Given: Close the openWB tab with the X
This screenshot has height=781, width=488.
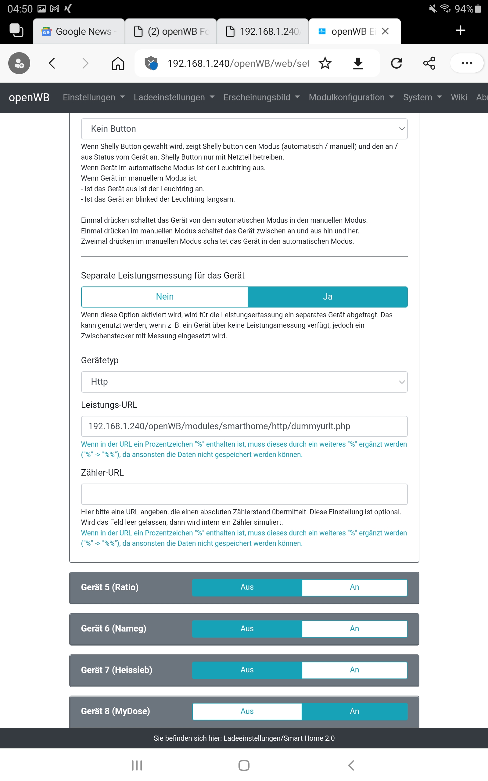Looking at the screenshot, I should click(385, 31).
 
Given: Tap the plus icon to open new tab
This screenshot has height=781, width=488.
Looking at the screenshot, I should click(460, 30).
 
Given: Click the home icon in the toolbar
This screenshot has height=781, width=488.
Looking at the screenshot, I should click(118, 63).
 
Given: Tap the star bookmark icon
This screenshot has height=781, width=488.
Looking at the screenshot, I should click(325, 63).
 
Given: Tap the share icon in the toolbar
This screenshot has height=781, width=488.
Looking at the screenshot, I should click(429, 63).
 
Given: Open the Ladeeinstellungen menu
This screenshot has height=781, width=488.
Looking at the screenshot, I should click(174, 97).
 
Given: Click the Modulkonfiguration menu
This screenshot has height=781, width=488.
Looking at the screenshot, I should click(351, 97).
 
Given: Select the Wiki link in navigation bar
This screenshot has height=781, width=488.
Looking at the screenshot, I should click(459, 97).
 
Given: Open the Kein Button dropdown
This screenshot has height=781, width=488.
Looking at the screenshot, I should click(244, 129).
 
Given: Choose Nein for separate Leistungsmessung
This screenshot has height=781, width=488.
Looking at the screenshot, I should click(165, 297).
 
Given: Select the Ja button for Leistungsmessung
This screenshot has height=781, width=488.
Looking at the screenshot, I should click(328, 297).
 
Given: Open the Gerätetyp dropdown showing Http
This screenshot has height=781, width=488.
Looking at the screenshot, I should click(244, 382).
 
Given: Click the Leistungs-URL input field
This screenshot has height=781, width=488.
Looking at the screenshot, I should click(244, 426).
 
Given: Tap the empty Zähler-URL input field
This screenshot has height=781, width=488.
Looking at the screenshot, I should click(244, 494).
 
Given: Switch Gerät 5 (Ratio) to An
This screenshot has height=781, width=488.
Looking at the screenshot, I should click(354, 587).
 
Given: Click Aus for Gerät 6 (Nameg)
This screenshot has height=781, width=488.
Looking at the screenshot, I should click(247, 628).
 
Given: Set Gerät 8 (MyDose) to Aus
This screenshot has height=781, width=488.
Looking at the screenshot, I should click(247, 711).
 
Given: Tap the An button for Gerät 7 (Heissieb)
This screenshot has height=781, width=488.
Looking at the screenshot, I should click(354, 670).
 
